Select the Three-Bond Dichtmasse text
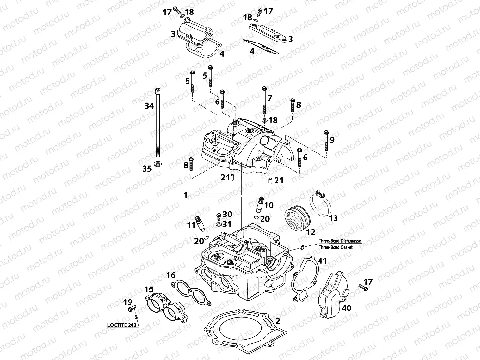pos(339,240)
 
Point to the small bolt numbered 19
pos(134,307)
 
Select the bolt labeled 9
pos(326,141)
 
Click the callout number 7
pos(270,98)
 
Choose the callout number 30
pos(227,214)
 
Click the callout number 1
pos(185,195)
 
